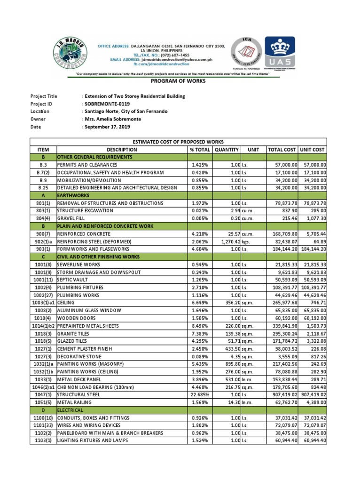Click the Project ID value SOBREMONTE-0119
(x=106, y=104)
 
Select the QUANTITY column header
(x=227, y=150)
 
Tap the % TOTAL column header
(x=198, y=150)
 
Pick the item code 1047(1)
(x=43, y=395)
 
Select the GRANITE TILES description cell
(x=75, y=333)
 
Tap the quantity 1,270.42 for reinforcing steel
(x=228, y=241)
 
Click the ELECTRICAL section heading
(x=71, y=410)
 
